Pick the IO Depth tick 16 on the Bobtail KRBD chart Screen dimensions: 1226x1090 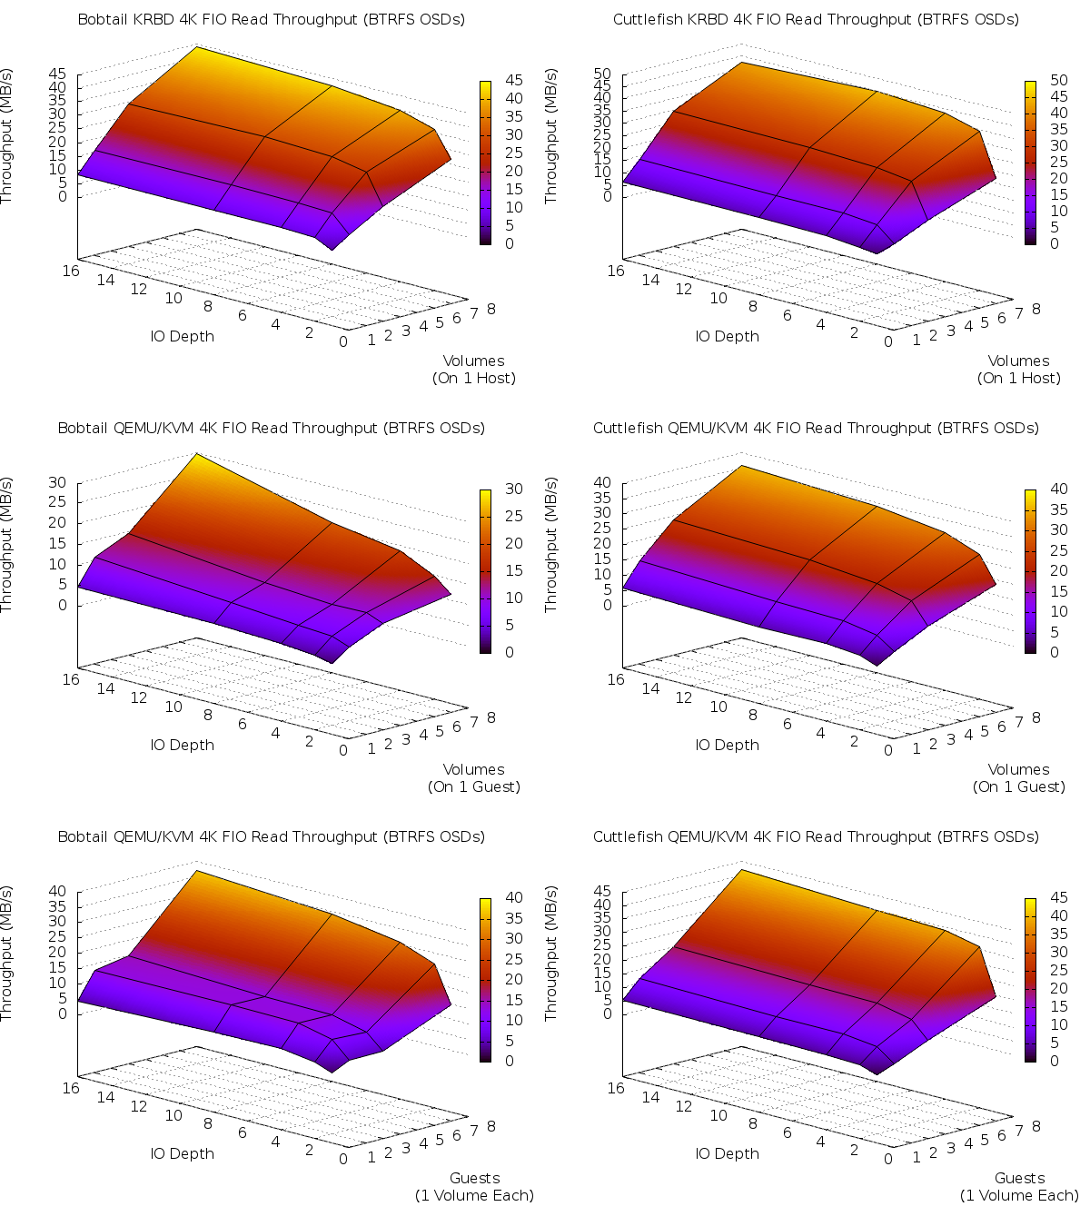point(71,270)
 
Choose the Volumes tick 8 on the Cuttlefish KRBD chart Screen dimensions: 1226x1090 point(1036,309)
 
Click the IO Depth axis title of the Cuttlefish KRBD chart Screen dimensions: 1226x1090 point(728,336)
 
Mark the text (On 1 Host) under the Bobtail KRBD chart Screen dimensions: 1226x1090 point(474,378)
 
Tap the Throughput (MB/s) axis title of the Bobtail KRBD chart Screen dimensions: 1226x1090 point(7,136)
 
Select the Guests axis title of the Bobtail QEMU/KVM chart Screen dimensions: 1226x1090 point(475,1178)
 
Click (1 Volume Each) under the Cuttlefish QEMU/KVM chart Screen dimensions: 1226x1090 point(1019,1195)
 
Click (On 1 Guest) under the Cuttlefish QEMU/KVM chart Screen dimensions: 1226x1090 point(1019,786)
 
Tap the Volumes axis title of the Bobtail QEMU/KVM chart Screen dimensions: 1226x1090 point(474,769)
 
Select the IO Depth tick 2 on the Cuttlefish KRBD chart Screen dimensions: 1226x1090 point(855,331)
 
